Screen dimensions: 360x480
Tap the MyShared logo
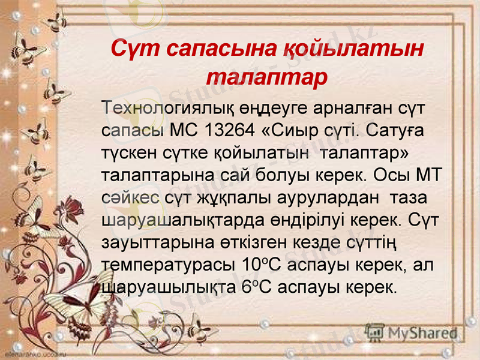(x=414, y=332)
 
